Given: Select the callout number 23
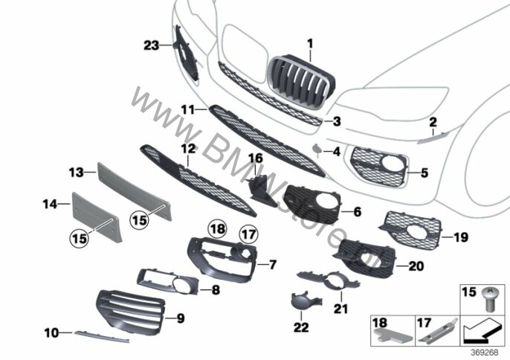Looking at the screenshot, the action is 151,45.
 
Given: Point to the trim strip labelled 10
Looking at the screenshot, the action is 102,336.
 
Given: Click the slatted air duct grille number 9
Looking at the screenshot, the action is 130,312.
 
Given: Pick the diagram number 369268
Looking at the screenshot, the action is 484,353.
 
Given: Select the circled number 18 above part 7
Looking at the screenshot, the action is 218,229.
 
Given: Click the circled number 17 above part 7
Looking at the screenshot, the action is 249,234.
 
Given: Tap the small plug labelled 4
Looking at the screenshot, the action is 317,150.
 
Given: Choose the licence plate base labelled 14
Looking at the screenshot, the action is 97,216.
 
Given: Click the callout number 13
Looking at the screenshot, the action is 76,172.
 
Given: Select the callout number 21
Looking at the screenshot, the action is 340,309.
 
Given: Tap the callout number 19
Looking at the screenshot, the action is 461,237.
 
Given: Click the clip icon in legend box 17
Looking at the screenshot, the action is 438,330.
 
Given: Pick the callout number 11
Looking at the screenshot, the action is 188,110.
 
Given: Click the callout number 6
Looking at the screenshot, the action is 358,212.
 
